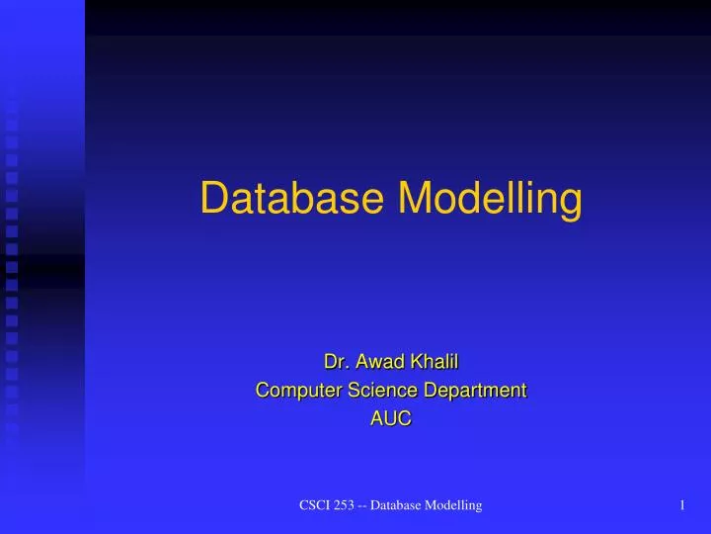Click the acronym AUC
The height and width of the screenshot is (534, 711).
390,419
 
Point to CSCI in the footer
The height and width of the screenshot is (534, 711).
315,506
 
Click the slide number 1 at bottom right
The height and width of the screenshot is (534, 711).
682,506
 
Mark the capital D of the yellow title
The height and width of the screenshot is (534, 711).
212,199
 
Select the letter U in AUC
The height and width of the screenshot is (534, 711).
390,419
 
